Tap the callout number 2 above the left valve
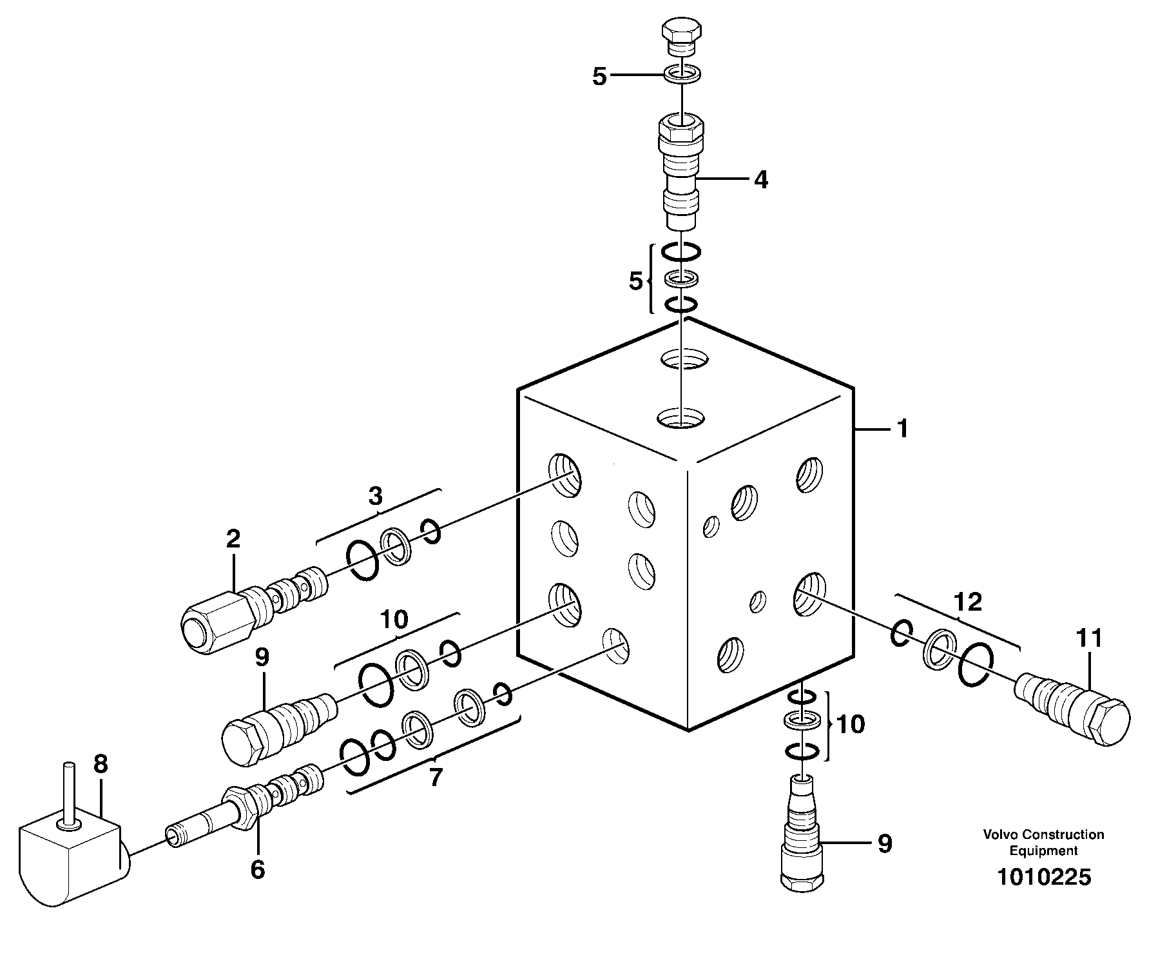[233, 539]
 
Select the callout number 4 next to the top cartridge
[760, 180]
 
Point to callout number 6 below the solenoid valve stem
[257, 870]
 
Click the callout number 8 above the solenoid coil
[101, 765]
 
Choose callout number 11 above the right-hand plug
[1089, 638]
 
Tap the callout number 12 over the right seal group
[968, 602]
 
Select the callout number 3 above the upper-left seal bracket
[376, 496]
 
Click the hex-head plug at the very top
[680, 37]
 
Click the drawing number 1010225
[1044, 877]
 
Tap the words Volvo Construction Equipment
[1043, 842]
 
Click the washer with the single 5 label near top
[681, 74]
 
